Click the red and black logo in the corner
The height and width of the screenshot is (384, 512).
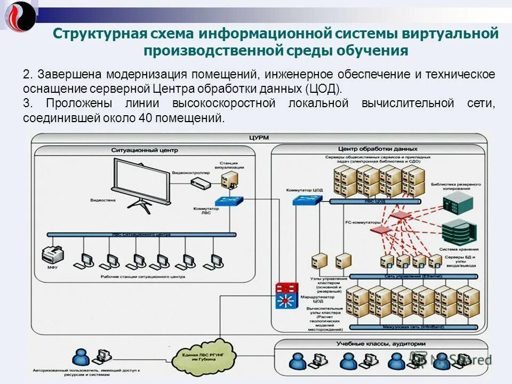pyautogui.click(x=20, y=16)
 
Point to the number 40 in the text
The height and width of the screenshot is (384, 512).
pyautogui.click(x=146, y=118)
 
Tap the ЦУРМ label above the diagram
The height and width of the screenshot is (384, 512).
pyautogui.click(x=258, y=138)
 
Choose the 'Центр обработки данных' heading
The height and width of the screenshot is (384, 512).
pyautogui.click(x=378, y=149)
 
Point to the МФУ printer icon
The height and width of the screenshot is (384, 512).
pyautogui.click(x=52, y=255)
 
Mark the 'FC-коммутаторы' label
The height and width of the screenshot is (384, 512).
pyautogui.click(x=363, y=221)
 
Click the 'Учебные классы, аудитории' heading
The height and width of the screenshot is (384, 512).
pyautogui.click(x=381, y=344)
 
